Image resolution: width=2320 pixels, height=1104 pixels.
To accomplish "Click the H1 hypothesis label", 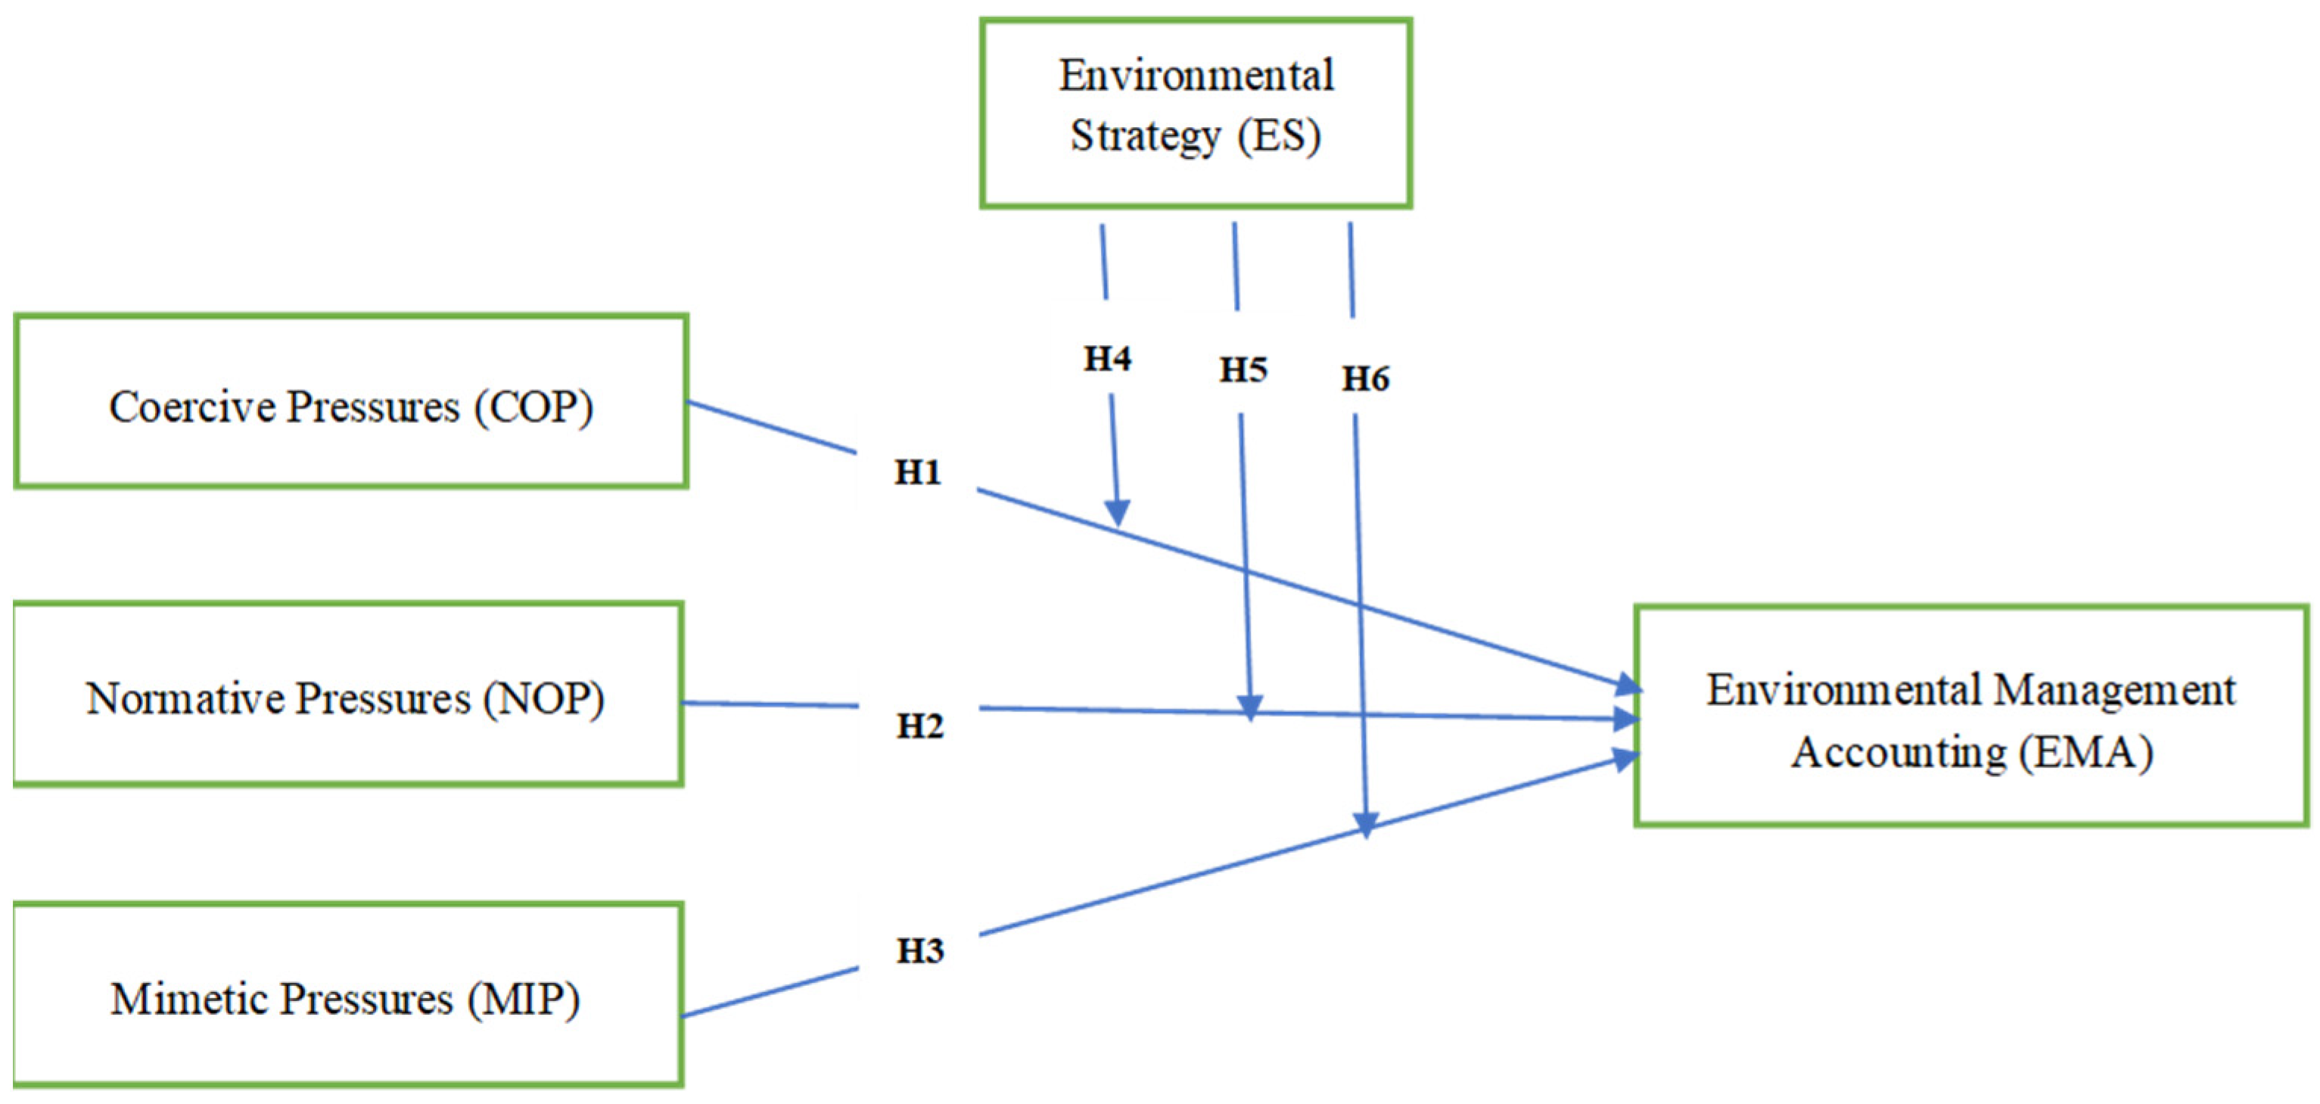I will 917,472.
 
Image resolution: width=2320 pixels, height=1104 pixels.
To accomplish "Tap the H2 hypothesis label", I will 919,726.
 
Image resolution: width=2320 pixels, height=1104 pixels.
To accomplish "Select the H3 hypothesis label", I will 919,951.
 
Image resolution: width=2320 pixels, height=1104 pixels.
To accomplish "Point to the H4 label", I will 1107,359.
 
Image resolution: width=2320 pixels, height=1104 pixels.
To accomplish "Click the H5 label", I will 1242,370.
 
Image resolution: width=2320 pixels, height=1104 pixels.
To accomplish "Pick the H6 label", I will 1365,379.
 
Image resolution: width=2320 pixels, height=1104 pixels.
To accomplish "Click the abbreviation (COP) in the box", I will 540,407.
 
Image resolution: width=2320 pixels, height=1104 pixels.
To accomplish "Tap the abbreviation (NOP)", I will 543,698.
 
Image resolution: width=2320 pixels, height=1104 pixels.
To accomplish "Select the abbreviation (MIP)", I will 524,1000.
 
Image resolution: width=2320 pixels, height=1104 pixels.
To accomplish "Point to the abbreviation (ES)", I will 1279,136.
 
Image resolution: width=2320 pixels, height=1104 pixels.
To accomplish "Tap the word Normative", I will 184,698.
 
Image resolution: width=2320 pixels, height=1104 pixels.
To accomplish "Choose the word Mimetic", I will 189,1000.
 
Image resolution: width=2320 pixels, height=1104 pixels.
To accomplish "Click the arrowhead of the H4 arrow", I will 1118,515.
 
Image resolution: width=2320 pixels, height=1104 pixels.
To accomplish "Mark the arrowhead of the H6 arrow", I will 1367,824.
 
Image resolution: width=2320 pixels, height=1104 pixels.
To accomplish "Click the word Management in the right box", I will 2113,692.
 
